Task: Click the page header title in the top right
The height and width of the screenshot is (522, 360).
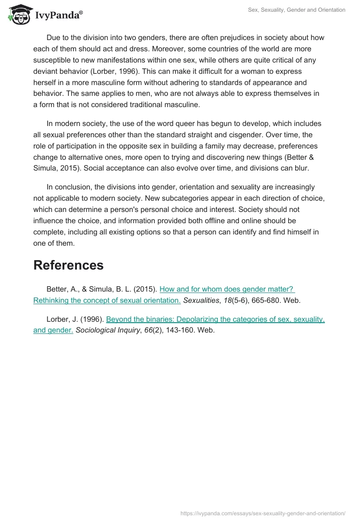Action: (x=297, y=10)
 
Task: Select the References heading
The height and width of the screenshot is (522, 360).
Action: (x=68, y=265)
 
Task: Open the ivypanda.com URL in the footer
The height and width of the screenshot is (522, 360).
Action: (x=263, y=513)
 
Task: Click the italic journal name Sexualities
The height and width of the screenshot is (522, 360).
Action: (x=202, y=301)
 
